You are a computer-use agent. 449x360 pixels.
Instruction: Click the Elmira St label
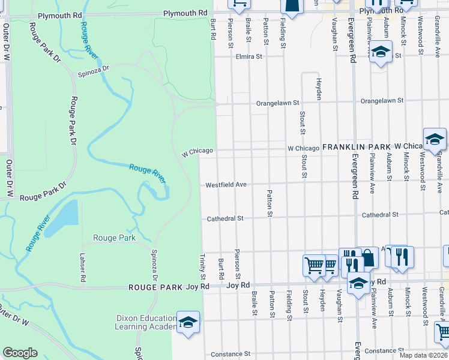pyautogui.click(x=249, y=57)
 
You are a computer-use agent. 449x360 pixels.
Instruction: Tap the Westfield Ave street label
pyautogui.click(x=226, y=185)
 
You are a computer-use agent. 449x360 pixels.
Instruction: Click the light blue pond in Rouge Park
pyautogui.click(x=62, y=219)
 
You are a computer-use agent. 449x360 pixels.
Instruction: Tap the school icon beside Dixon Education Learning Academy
pyautogui.click(x=188, y=322)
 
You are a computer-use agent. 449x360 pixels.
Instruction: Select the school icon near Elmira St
pyautogui.click(x=381, y=52)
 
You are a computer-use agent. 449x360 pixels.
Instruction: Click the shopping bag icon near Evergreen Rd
pyautogui.click(x=368, y=258)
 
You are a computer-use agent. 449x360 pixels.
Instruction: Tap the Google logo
pyautogui.click(x=20, y=353)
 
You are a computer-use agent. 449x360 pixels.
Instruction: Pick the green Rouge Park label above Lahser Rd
pyautogui.click(x=114, y=238)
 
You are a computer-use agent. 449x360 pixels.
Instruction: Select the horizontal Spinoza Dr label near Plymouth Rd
pyautogui.click(x=93, y=71)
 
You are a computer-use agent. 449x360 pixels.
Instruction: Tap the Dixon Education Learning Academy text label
pyautogui.click(x=143, y=323)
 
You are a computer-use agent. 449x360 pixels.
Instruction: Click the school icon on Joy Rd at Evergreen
pyautogui.click(x=358, y=283)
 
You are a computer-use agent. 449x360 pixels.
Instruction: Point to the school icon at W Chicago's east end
pyautogui.click(x=435, y=139)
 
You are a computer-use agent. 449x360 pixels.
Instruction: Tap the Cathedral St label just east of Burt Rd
pyautogui.click(x=225, y=219)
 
